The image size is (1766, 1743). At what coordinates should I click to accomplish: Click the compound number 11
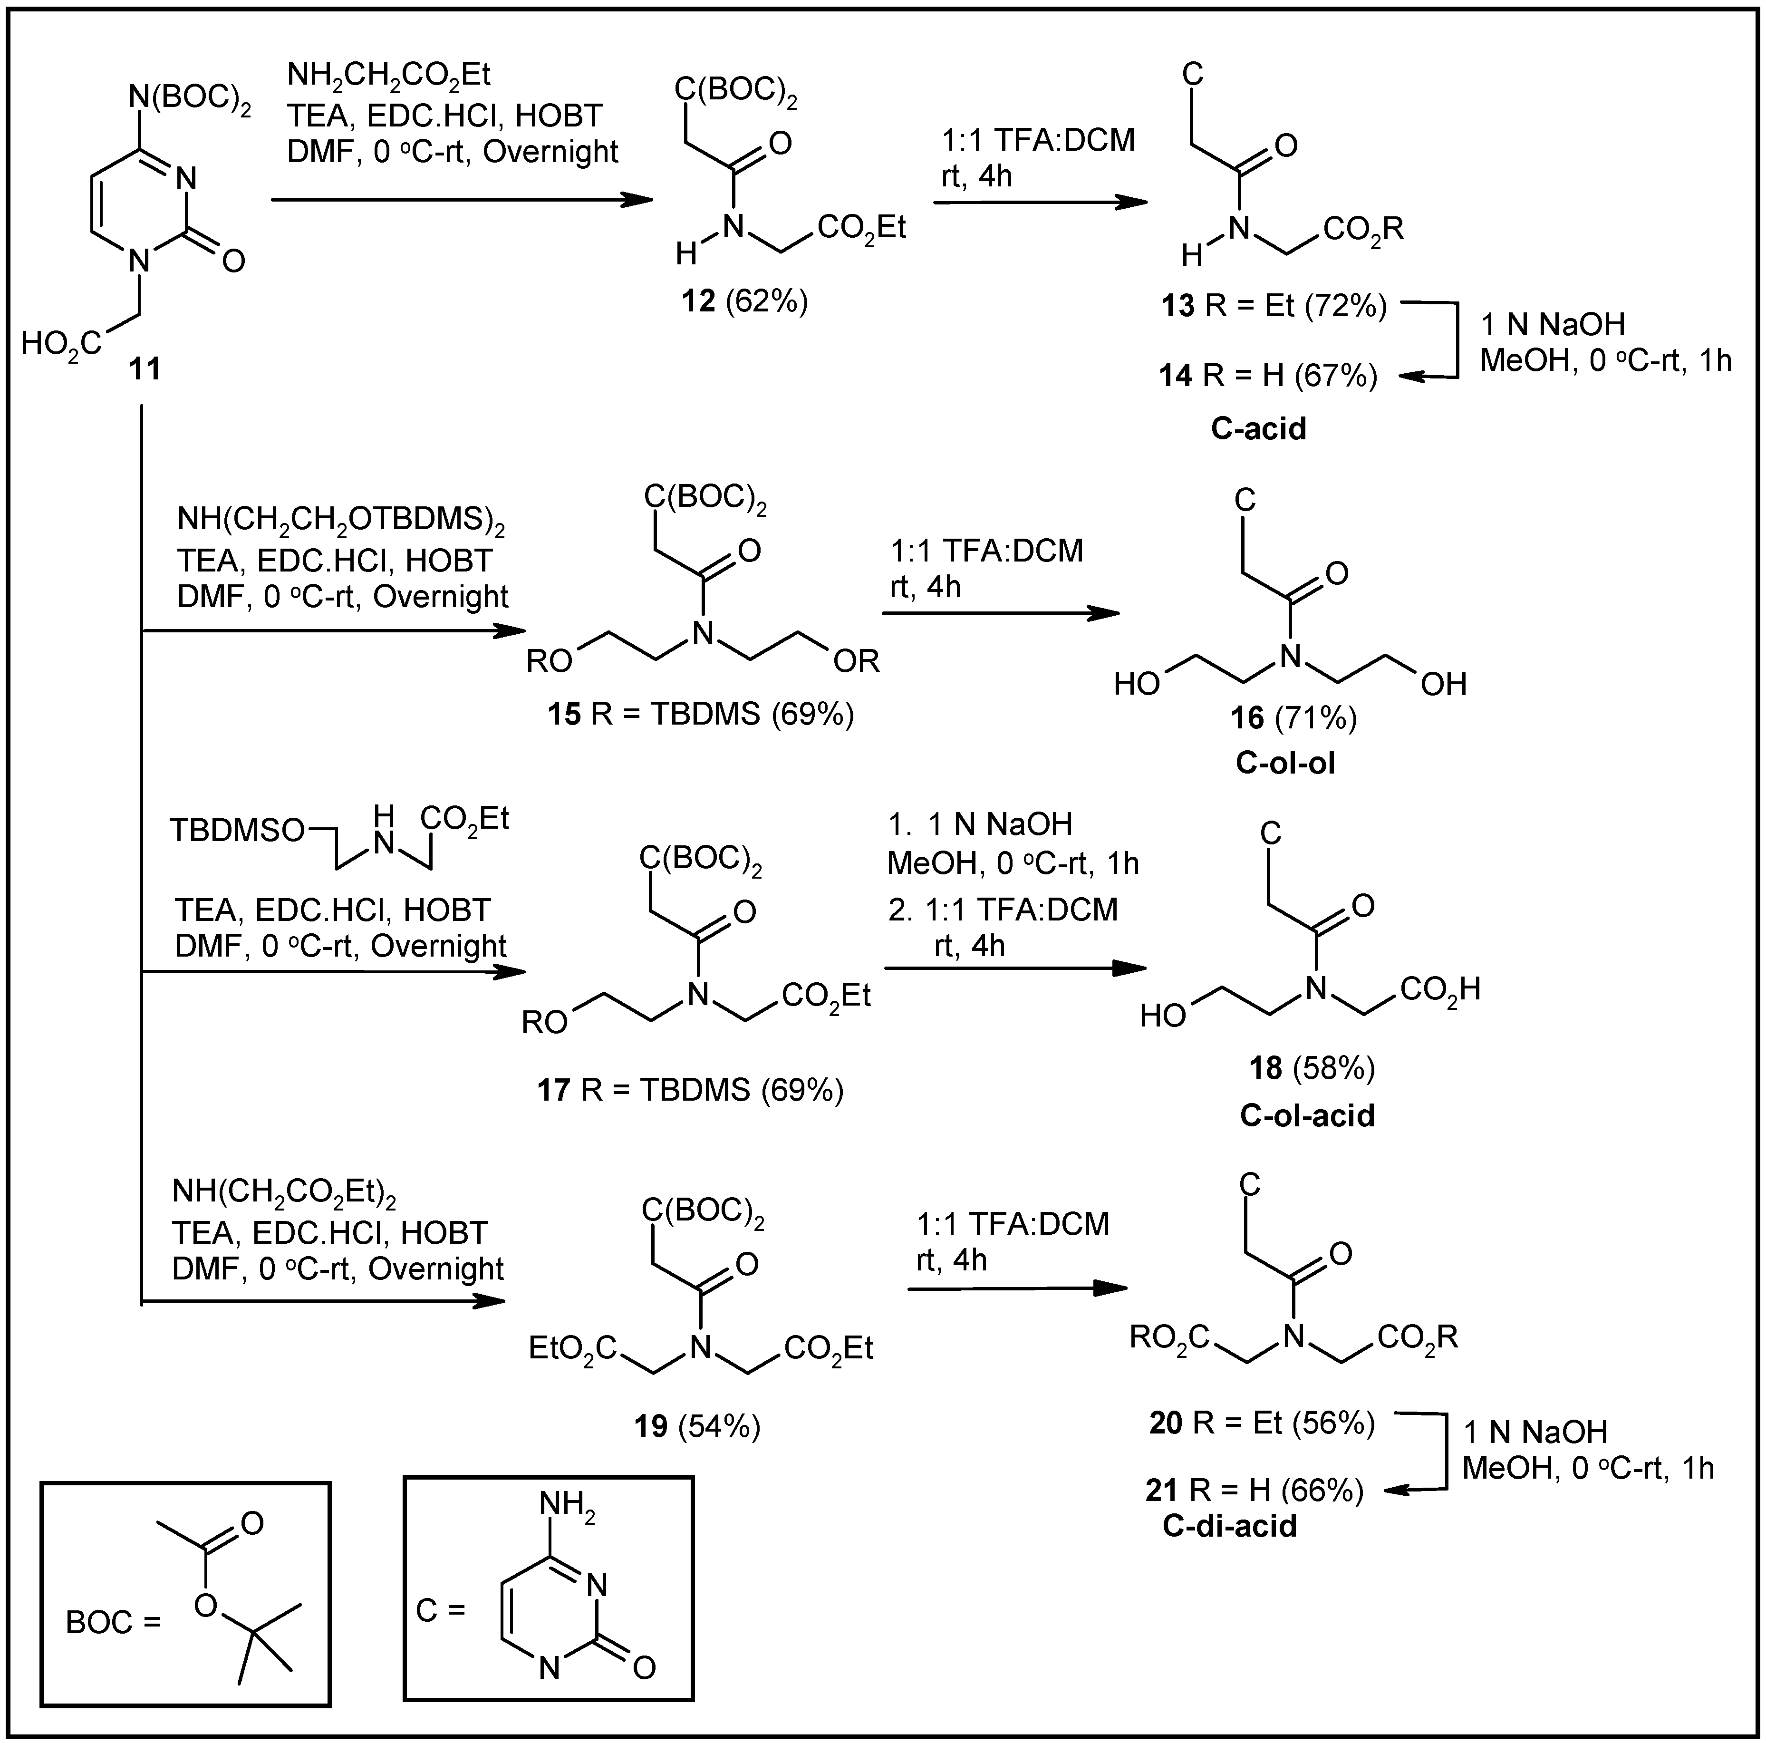pyautogui.click(x=145, y=369)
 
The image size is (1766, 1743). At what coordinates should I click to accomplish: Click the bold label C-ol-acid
pyautogui.click(x=1307, y=1116)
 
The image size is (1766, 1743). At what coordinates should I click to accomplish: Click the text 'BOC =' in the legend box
pyautogui.click(x=113, y=1622)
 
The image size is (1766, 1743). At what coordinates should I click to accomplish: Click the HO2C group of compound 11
pyautogui.click(x=62, y=346)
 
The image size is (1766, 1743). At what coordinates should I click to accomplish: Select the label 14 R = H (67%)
pyautogui.click(x=1268, y=376)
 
